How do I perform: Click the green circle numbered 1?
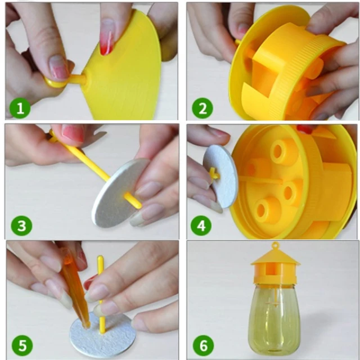[20, 107]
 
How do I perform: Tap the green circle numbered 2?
[202, 107]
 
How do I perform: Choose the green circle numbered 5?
[21, 344]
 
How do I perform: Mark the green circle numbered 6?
[202, 344]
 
